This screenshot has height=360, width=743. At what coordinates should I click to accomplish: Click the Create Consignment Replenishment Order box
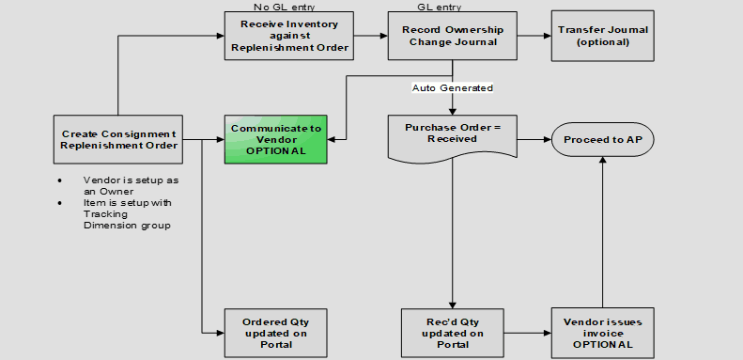coord(118,139)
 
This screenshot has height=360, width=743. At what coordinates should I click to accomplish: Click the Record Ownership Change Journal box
coord(453,36)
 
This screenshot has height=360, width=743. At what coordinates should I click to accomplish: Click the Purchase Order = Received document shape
coord(453,133)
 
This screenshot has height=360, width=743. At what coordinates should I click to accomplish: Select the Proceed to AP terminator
coord(602,139)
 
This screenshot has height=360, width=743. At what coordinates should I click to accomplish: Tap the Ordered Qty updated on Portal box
coord(263,332)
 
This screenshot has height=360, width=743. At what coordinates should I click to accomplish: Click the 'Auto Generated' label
coord(453,87)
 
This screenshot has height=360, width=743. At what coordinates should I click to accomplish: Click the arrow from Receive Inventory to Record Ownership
coord(372,36)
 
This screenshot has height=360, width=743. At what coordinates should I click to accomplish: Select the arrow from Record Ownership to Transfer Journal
coord(534,36)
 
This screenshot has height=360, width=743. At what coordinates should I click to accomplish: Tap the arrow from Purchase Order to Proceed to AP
coord(534,139)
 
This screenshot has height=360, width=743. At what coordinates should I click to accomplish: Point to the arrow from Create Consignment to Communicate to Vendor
coord(202,139)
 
